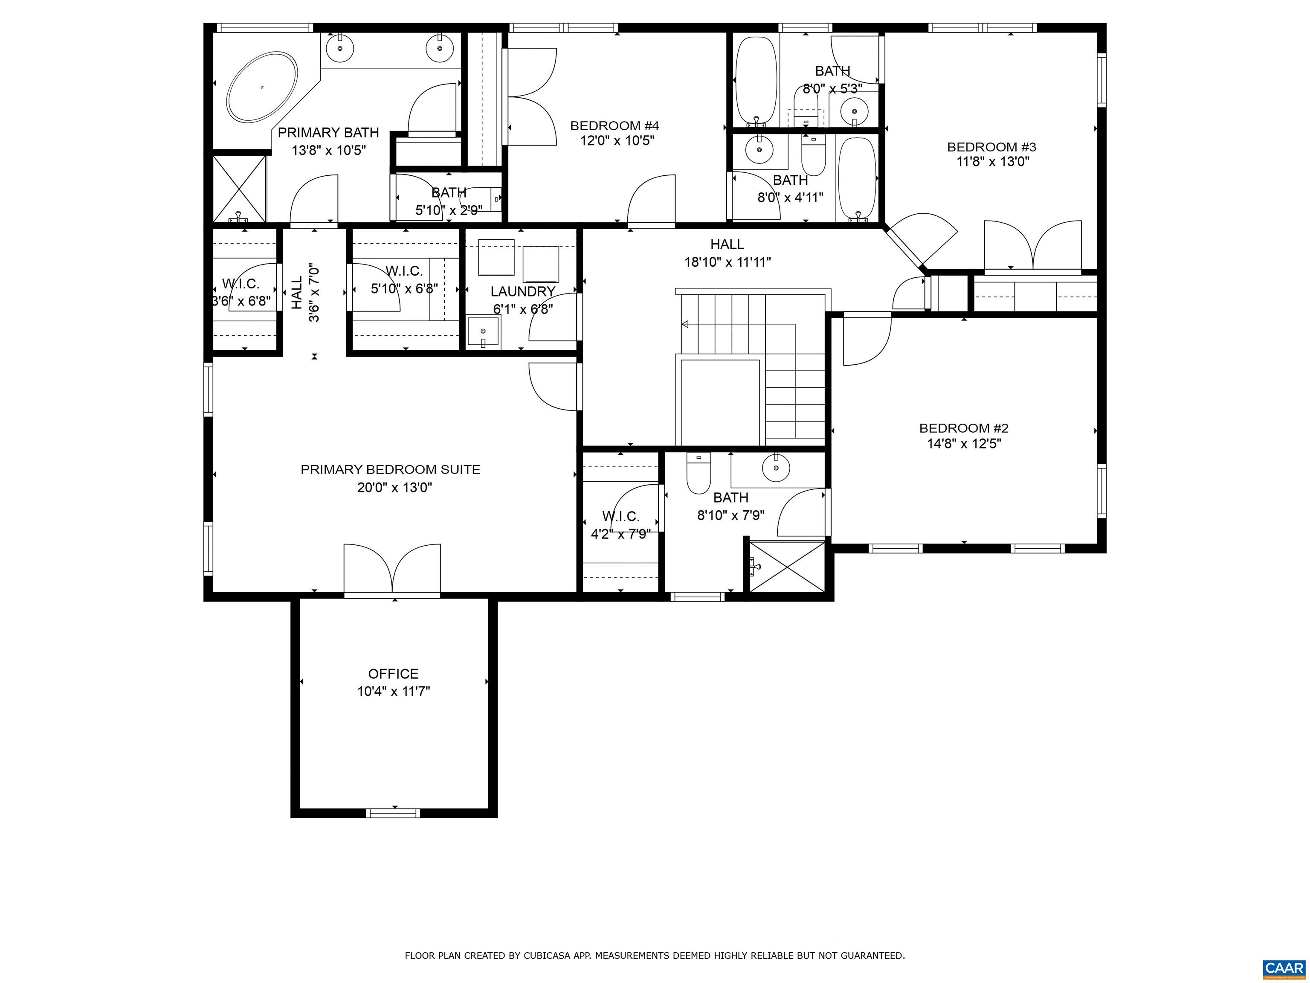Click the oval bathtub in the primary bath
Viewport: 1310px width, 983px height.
coord(262,88)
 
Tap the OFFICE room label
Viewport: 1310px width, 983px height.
coord(393,674)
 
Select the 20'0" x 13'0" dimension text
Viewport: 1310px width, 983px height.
coord(394,488)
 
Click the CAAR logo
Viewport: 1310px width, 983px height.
coord(1284,968)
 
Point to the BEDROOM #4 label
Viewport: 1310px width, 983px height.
coord(615,125)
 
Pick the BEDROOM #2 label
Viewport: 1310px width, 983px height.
coord(964,428)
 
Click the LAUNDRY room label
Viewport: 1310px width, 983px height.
coord(523,291)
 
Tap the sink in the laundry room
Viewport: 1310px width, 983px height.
coord(483,331)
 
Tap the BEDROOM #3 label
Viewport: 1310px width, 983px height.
coord(991,147)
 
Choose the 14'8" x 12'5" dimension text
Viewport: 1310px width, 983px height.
coord(964,444)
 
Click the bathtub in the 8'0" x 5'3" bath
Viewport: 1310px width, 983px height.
coord(756,81)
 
